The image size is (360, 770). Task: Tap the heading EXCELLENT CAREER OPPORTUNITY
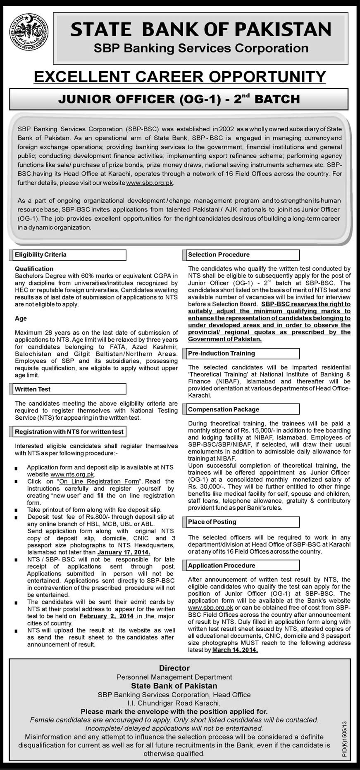coord(180,77)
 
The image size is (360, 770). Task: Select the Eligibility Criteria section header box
coord(69,255)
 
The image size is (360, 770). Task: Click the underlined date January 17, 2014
coord(124,552)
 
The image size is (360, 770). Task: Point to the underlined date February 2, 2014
coord(107,616)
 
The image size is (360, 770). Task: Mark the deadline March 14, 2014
coord(235,650)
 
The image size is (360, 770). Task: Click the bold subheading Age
coord(21,318)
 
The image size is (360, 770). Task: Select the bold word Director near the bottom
coord(174,668)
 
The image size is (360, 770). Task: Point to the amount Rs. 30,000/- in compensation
coord(202,487)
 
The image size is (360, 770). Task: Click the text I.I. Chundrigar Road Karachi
coord(174,703)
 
